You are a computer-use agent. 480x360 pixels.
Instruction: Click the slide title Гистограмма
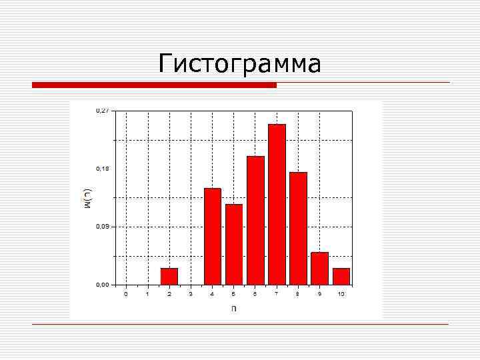pos(240,64)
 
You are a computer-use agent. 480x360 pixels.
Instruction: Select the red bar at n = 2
pos(169,277)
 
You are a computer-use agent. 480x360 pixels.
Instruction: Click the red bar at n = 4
pos(212,237)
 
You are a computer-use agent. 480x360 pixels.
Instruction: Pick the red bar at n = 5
pos(234,245)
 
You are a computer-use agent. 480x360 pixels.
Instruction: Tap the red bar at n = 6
pos(255,221)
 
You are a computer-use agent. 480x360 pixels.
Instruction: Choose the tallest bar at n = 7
pos(277,205)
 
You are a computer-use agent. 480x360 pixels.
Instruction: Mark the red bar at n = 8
pos(298,229)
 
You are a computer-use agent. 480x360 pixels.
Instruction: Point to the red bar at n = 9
pos(319,269)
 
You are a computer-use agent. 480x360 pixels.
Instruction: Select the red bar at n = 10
pos(341,277)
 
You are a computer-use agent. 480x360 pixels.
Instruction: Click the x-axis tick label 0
pos(126,294)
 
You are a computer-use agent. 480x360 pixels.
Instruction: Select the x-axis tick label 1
pos(147,294)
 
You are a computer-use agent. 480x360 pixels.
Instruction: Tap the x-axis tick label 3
pos(191,294)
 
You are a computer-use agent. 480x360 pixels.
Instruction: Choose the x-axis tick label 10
pos(341,294)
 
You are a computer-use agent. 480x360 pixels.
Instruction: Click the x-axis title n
pos(233,308)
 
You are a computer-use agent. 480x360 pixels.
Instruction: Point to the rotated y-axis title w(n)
pos(87,198)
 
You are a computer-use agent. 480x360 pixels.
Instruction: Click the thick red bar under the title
pos(154,85)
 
